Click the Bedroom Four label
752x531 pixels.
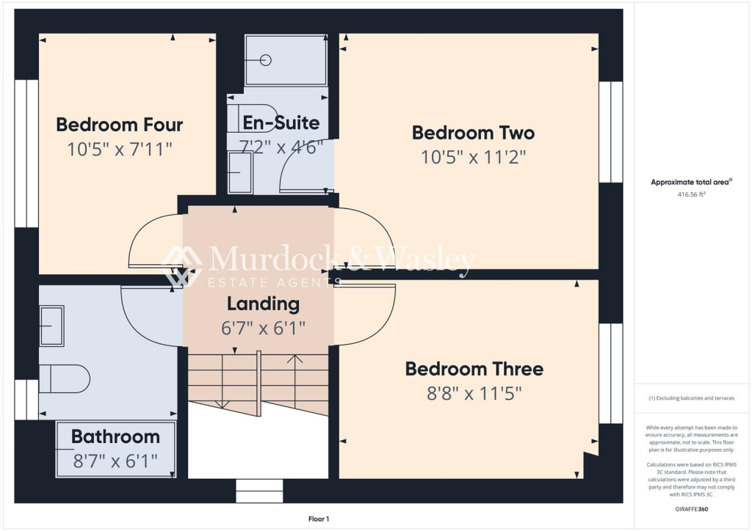tap(119, 125)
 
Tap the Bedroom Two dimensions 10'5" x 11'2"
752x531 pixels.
tap(473, 157)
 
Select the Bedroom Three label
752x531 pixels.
tap(474, 369)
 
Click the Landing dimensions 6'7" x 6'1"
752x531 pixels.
tap(263, 328)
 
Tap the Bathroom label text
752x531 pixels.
tap(115, 437)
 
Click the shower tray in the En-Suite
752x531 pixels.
tap(286, 60)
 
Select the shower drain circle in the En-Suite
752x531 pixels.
tap(266, 60)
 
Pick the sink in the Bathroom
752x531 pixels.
tap(51, 326)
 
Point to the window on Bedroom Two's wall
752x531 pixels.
tap(610, 132)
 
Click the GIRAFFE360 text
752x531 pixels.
tap(691, 509)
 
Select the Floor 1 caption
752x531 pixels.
tap(319, 519)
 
